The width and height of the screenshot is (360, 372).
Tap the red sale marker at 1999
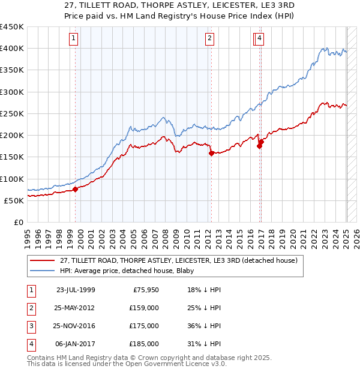pyautogui.click(x=76, y=189)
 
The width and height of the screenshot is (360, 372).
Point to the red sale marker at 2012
pyautogui.click(x=211, y=153)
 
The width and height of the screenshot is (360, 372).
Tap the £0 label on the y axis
pyautogui.click(x=18, y=222)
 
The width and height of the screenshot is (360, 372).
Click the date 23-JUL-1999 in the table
pyautogui.click(x=76, y=290)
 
